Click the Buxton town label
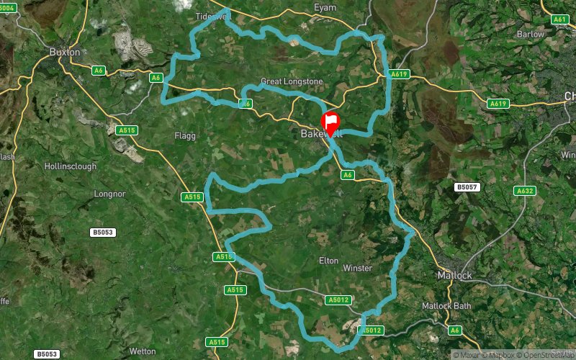pos(65,52)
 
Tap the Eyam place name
pos(325,7)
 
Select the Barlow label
pos(531,34)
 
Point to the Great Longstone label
pos(292,81)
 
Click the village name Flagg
pos(185,135)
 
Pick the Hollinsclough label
pos(70,166)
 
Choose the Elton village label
pos(328,261)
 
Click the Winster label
pos(358,269)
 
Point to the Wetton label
pos(142,351)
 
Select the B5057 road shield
pos(466,187)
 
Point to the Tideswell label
pos(212,16)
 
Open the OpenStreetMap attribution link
pos(546,354)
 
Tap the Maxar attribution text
pos(469,354)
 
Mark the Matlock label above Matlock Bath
pos(455,276)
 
